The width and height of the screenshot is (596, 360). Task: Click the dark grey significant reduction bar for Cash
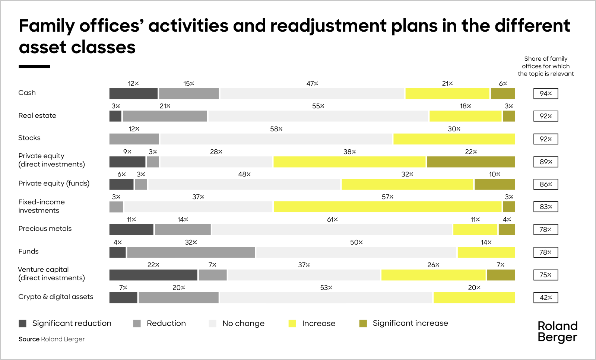coord(133,93)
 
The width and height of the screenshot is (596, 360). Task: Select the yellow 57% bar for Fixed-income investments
coord(387,207)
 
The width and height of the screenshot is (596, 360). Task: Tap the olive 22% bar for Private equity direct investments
coord(471,162)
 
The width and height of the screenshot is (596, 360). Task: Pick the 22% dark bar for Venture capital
coord(153,275)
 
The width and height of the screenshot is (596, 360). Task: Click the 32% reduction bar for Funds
coord(191,252)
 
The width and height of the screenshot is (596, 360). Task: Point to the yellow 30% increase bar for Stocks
coord(454,139)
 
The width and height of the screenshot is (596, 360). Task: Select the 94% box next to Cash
coord(545,93)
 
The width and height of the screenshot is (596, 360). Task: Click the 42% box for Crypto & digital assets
coord(545,298)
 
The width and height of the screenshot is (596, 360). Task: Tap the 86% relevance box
coord(545,184)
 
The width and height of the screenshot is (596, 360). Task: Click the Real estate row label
coord(37,116)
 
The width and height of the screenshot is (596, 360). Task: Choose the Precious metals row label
coord(45,229)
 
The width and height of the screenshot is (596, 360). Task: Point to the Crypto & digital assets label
coord(56,297)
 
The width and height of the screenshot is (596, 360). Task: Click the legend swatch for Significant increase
coord(363,324)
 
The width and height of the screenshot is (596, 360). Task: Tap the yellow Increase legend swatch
coord(292,324)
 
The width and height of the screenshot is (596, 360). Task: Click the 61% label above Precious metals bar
coord(332,220)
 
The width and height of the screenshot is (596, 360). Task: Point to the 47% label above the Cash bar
coord(312,84)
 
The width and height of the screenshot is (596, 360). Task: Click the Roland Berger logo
coord(557,331)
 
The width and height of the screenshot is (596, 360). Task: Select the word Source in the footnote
coord(29,339)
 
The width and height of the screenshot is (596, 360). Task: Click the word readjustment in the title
coord(328,26)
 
